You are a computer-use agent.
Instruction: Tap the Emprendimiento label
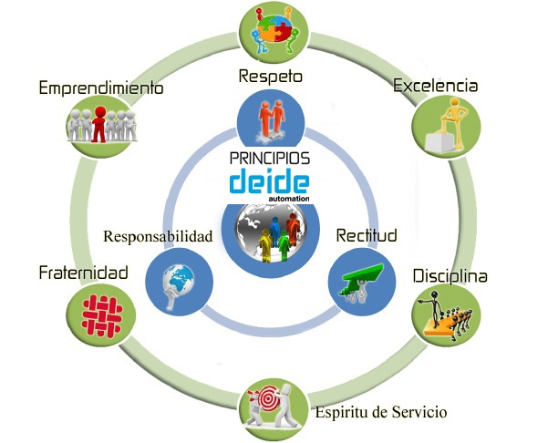click(x=100, y=88)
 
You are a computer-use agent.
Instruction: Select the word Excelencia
click(x=436, y=86)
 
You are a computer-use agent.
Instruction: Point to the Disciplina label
click(x=450, y=275)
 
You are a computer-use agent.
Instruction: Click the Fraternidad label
click(x=83, y=273)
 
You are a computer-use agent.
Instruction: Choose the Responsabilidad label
click(x=158, y=237)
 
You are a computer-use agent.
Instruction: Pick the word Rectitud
click(x=367, y=236)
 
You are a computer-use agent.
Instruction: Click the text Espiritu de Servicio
click(x=381, y=412)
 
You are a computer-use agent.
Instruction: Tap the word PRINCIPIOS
click(x=269, y=157)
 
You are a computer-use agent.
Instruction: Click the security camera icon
click(x=361, y=278)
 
